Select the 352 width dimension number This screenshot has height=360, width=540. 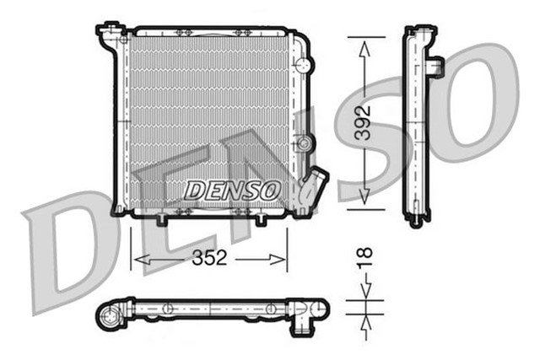pyautogui.click(x=208, y=259)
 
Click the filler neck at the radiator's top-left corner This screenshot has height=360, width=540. pyautogui.click(x=109, y=35)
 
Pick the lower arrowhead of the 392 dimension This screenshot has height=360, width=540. pyautogui.click(x=364, y=197)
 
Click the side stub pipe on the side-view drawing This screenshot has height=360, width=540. pyautogui.click(x=436, y=65)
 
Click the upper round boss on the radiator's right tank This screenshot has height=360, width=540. pyautogui.click(x=303, y=65)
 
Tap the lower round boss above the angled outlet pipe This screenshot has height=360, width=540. pyautogui.click(x=303, y=143)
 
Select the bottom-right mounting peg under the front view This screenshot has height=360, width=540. pyautogui.click(x=260, y=220)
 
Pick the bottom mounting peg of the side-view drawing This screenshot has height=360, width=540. pyautogui.click(x=414, y=223)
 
